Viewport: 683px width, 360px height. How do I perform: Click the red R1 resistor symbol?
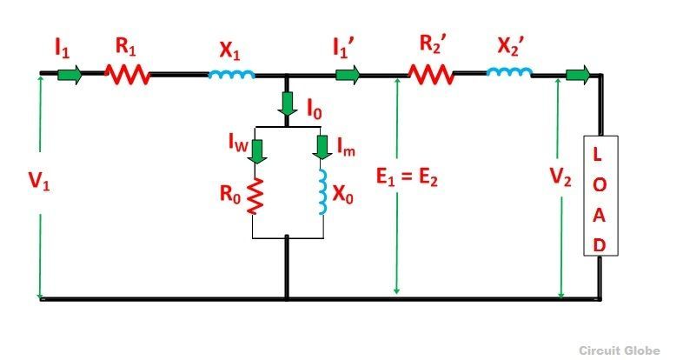pos(127,75)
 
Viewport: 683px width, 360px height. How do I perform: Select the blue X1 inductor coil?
pos(231,75)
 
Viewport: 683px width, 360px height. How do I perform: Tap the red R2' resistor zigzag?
pos(431,75)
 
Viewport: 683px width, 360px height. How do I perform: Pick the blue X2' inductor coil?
pos(508,72)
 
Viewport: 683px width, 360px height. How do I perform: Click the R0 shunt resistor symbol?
pos(255,196)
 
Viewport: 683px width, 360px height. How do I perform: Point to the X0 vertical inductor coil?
pos(322,192)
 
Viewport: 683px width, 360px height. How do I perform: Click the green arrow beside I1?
pos(70,75)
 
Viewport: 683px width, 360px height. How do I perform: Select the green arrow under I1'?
pos(348,75)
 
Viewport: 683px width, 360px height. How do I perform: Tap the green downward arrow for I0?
pos(287,103)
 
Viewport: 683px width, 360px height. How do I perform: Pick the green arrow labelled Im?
pos(322,148)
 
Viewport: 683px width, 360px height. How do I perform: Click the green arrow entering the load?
pos(578,75)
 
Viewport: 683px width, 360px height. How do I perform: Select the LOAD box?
pos(600,196)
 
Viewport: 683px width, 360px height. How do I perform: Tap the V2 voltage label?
pos(560,177)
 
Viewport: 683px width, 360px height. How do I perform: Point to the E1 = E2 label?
pos(407,177)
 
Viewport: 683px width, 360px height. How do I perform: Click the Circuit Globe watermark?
pos(620,350)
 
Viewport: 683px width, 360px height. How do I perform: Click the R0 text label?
pos(230,194)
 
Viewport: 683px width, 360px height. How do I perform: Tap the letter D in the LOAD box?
pos(600,245)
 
